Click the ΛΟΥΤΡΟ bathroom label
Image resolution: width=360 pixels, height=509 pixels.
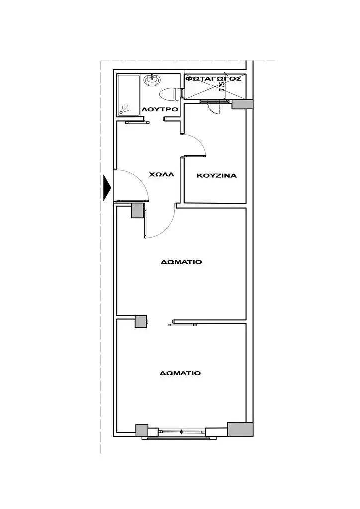click(160, 109)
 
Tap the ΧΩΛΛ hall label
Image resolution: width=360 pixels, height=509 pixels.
click(161, 174)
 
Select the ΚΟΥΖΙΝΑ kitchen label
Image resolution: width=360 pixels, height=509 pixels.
click(217, 176)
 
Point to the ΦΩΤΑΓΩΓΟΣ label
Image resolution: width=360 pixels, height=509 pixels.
click(213, 78)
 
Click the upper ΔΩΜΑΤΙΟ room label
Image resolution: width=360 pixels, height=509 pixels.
click(181, 262)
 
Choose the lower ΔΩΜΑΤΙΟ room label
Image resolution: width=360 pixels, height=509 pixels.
click(180, 373)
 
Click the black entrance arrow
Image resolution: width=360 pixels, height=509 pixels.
click(107, 188)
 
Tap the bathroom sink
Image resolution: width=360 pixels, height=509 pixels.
click(152, 80)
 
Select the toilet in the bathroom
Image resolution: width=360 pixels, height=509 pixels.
click(169, 94)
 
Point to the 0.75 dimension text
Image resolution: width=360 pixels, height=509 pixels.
click(222, 87)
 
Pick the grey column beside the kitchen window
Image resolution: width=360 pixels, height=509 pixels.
click(242, 104)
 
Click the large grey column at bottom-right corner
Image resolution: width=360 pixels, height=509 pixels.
click(240, 429)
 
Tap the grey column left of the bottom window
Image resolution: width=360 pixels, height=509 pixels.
click(142, 430)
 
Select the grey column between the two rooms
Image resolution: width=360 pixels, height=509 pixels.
click(141, 322)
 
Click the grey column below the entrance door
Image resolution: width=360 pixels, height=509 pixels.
click(137, 210)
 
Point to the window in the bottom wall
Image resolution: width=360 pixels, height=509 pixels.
click(177, 433)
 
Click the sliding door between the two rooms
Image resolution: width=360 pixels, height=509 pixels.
click(182, 323)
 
